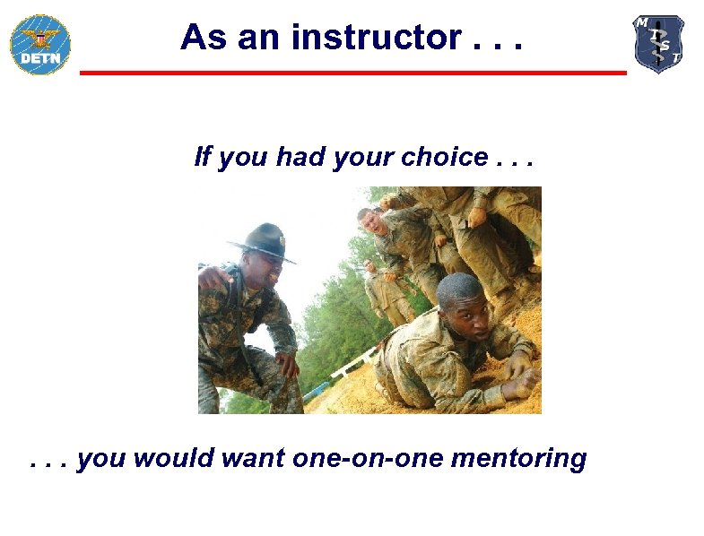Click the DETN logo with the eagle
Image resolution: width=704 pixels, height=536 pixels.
coord(39,44)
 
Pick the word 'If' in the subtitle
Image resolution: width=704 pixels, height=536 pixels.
coord(203,158)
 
